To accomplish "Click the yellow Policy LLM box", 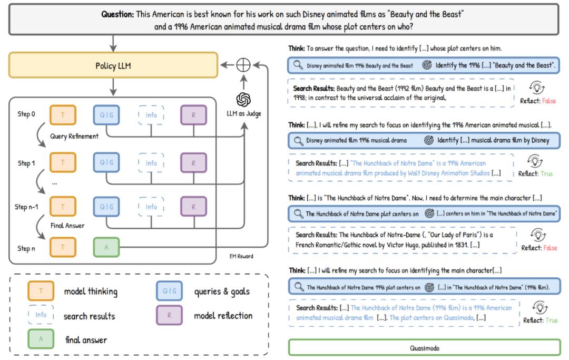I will [113, 65].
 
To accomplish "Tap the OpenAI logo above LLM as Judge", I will [243, 99].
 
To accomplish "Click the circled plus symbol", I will [243, 65].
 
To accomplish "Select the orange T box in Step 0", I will [63, 115].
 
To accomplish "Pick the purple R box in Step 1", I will [193, 163].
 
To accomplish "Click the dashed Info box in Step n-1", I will [151, 207].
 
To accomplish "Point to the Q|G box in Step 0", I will [106, 115].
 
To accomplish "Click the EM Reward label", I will [241, 257].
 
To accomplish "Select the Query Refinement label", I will [74, 136].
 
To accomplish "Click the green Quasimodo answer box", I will [424, 348].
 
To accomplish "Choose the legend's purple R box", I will [169, 316].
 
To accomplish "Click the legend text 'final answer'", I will [86, 340].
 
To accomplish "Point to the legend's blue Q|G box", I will [169, 291].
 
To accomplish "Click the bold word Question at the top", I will [118, 14].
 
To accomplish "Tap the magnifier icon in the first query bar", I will [298, 66].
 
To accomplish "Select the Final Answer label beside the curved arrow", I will [68, 226].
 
